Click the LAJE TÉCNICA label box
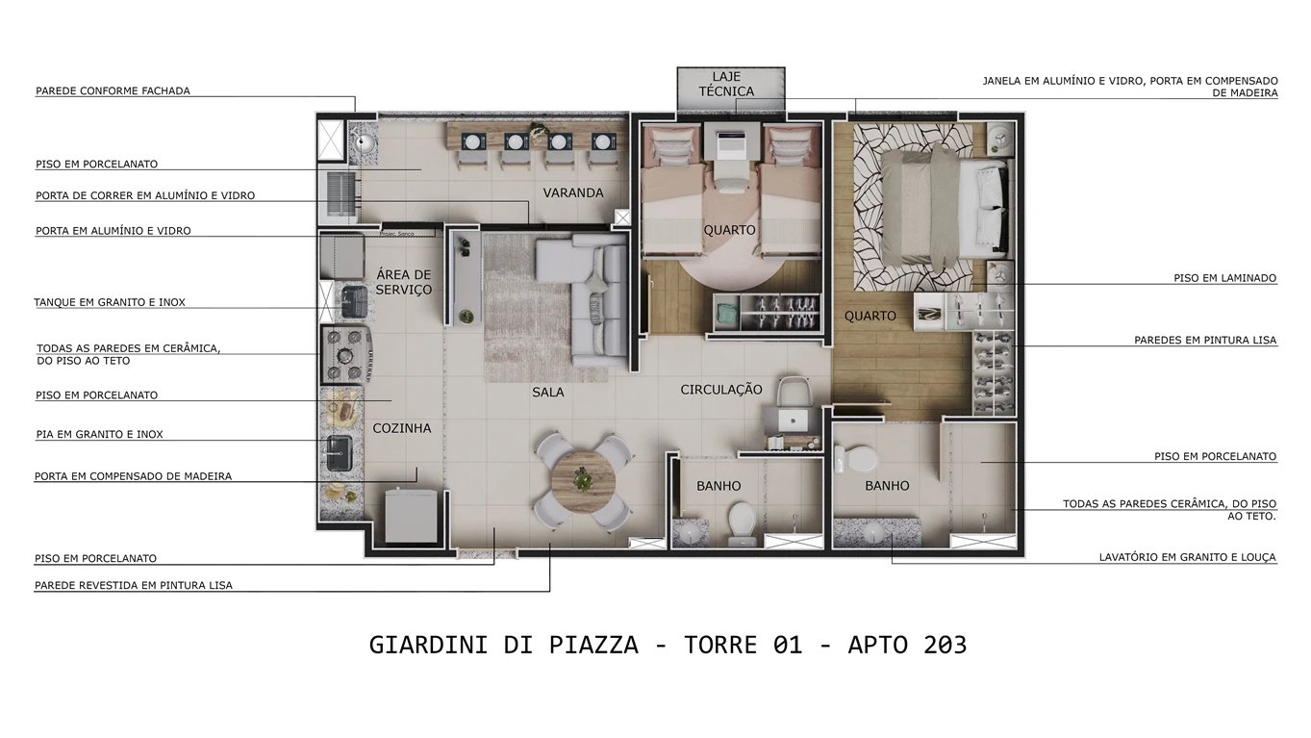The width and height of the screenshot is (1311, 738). (x=732, y=84)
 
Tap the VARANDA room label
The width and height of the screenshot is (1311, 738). (x=573, y=192)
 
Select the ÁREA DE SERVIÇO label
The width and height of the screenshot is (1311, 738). (x=404, y=282)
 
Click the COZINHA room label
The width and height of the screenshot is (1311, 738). (x=402, y=428)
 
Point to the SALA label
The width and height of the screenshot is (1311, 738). (x=548, y=393)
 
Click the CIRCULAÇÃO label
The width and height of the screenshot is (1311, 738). (x=721, y=390)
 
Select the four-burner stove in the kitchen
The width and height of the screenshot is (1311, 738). (x=345, y=354)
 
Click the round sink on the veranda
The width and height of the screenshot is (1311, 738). (x=364, y=144)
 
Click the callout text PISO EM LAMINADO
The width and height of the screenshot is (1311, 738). (x=1224, y=278)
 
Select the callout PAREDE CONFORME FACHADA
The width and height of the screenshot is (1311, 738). (x=113, y=91)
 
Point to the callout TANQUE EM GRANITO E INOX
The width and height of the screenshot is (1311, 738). (x=110, y=302)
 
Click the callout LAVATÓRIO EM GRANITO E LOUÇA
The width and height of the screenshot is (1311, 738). (x=1188, y=557)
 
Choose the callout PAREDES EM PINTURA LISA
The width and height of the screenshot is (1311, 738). (x=1205, y=341)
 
